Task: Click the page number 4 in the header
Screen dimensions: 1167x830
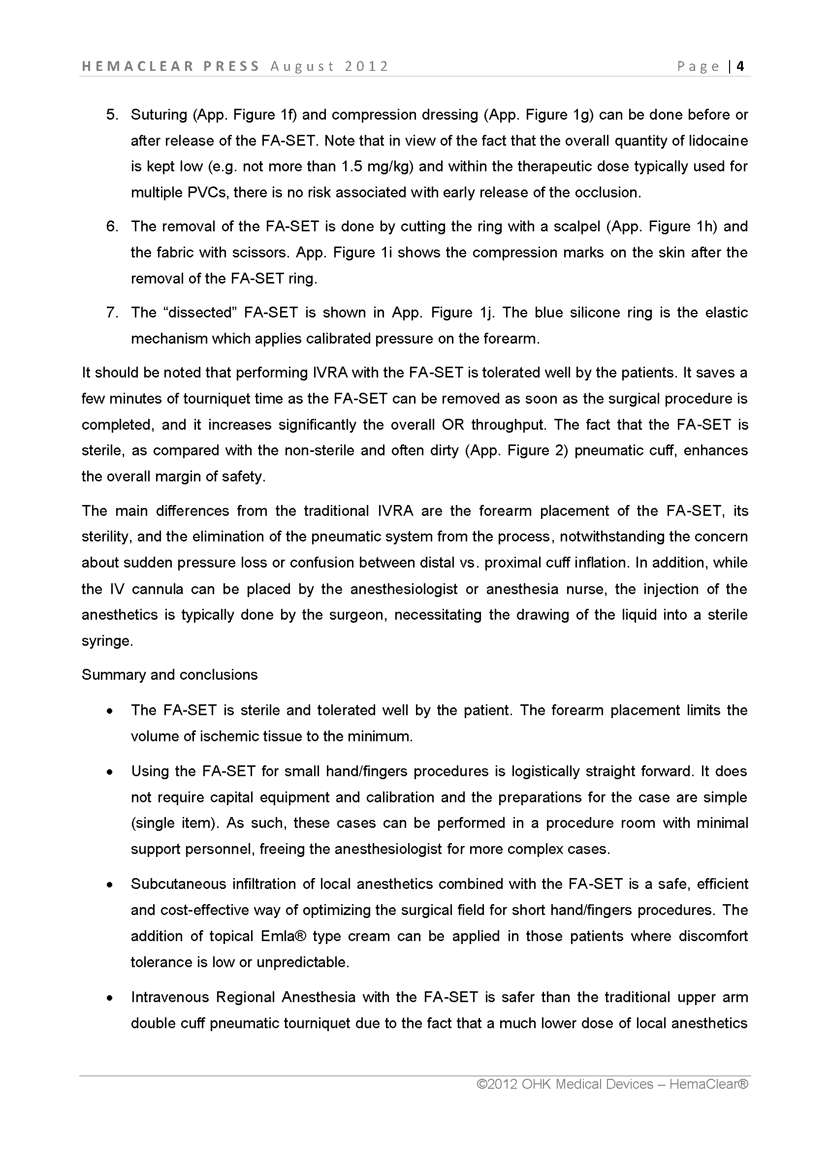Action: (x=740, y=66)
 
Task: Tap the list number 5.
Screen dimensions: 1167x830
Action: (x=112, y=115)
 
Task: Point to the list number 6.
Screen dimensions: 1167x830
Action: (x=112, y=227)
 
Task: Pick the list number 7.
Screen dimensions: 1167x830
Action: (x=112, y=313)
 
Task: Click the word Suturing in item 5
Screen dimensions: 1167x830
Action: (x=159, y=115)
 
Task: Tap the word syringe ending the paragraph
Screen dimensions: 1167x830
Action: (x=107, y=641)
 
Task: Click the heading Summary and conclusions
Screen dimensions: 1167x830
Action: (x=170, y=675)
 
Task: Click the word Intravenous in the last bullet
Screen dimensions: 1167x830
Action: (x=170, y=997)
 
